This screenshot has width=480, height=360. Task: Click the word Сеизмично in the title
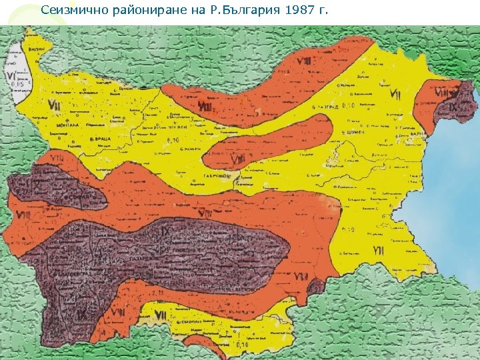[69, 10]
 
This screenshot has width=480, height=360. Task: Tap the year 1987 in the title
[293, 10]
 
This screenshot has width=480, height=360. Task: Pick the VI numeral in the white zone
[12, 76]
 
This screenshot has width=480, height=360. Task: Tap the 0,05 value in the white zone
[23, 85]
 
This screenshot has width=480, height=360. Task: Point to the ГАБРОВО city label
[217, 177]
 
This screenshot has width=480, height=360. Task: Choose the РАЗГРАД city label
[327, 106]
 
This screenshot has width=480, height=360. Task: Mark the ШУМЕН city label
[353, 133]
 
